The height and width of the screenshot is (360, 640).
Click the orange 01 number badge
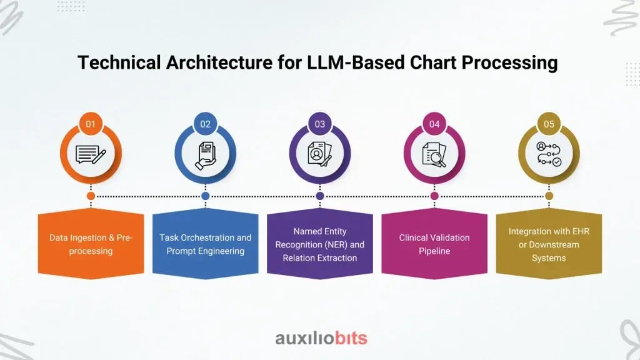tap(91, 124)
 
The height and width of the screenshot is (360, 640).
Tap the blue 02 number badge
tap(205, 124)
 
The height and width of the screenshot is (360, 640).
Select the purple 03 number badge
tap(320, 124)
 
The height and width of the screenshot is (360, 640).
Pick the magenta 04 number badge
tap(434, 124)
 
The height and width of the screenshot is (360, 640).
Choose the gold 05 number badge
tap(549, 124)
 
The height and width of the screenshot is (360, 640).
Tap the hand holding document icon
tap(205, 155)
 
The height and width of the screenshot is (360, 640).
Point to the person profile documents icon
tap(320, 155)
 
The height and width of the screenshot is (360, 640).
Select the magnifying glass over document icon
tap(434, 155)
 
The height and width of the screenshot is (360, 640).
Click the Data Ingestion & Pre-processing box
tap(91, 244)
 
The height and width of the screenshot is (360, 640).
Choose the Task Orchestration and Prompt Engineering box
tap(205, 244)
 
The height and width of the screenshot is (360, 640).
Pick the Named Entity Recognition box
tap(320, 244)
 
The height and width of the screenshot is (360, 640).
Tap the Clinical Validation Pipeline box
tap(434, 244)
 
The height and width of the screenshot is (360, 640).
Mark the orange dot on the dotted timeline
tap(91, 196)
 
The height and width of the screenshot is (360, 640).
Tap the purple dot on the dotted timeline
tap(320, 196)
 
